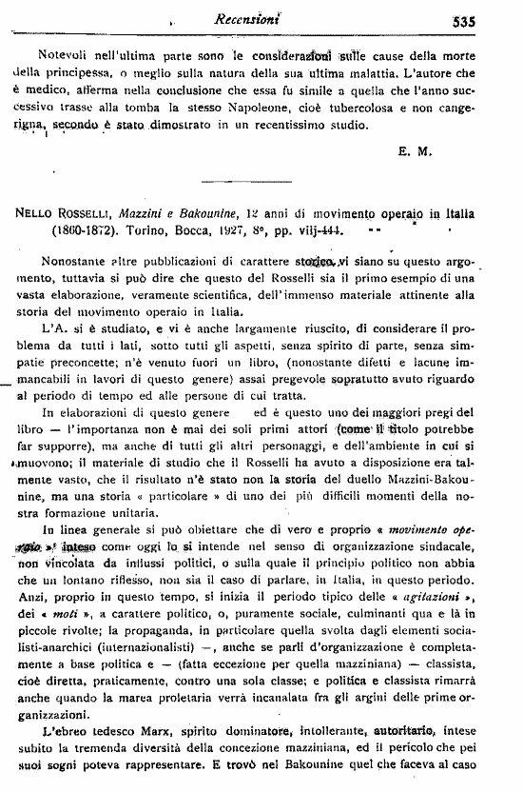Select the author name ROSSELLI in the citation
point(81,214)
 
